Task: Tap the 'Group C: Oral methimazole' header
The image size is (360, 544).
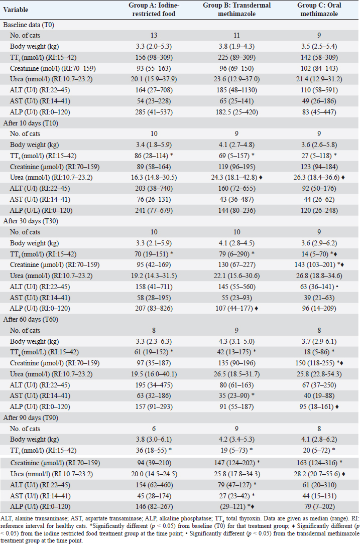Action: [x=317, y=10]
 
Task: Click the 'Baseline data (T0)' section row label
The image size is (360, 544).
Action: [x=28, y=25]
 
